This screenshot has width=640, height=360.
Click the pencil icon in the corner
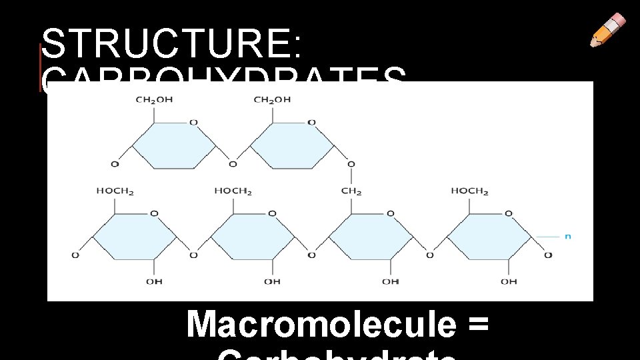pyautogui.click(x=608, y=30)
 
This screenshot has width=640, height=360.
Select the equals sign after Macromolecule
pyautogui.click(x=478, y=325)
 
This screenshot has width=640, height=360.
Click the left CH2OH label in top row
pyautogui.click(x=153, y=100)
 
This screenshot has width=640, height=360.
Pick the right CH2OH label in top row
pyautogui.click(x=272, y=100)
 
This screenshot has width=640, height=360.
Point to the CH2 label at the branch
pyautogui.click(x=351, y=191)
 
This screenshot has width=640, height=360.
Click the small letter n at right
pyautogui.click(x=568, y=236)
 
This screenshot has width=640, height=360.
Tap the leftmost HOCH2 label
pyautogui.click(x=115, y=191)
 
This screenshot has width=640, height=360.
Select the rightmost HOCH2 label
pyautogui.click(x=469, y=191)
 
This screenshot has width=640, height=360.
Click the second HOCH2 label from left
pyautogui.click(x=233, y=191)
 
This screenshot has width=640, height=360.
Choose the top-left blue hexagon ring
pyautogui.click(x=174, y=144)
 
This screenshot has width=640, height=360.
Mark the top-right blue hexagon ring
pyautogui.click(x=292, y=144)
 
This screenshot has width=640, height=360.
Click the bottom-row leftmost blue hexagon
pyautogui.click(x=134, y=235)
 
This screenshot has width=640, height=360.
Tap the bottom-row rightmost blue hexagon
pyautogui.click(x=489, y=235)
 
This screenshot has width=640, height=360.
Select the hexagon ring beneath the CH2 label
pyautogui.click(x=371, y=235)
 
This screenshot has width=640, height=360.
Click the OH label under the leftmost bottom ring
pyautogui.click(x=154, y=281)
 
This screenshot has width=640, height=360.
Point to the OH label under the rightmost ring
pyautogui.click(x=509, y=281)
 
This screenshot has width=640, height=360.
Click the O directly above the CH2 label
pyautogui.click(x=351, y=164)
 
